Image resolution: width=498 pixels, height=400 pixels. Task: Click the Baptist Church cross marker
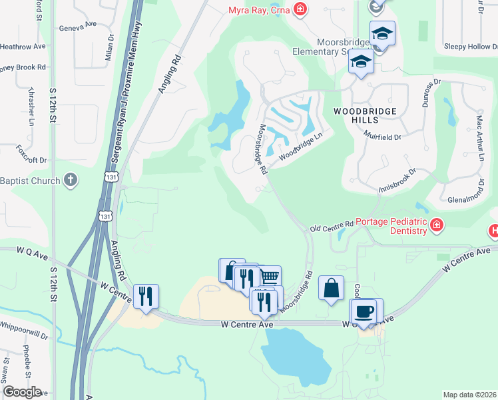click(x=71, y=181)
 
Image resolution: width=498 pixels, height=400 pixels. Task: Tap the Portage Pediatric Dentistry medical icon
click(x=437, y=226)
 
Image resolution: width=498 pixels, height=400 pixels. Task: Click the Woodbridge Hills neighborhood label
click(x=365, y=115)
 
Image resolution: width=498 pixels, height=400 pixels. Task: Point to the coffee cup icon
click(x=364, y=312)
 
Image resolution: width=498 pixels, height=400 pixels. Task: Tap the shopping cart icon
click(x=268, y=276)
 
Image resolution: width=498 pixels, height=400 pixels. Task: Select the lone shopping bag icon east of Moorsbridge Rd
click(x=331, y=288)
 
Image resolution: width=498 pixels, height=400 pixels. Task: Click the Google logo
click(x=22, y=391)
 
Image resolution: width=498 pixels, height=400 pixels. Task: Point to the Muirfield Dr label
click(x=383, y=137)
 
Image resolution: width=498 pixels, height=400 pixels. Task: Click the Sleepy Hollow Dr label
click(x=470, y=47)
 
